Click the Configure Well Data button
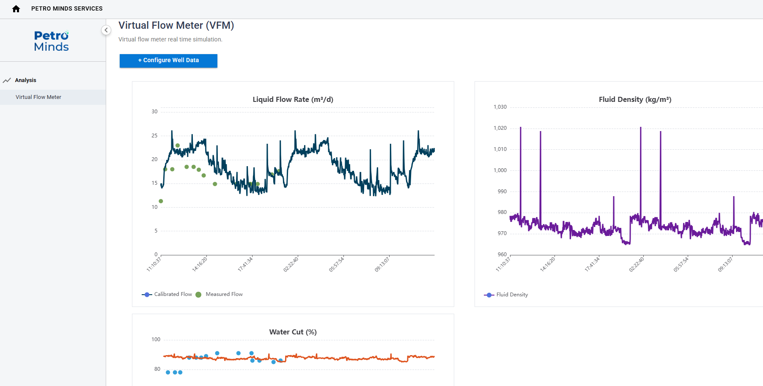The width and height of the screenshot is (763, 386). (168, 60)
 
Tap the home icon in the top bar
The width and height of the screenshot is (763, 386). (16, 8)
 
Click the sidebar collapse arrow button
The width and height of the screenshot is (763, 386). (106, 30)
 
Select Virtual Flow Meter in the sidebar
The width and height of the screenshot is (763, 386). (38, 97)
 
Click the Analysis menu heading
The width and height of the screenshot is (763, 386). (25, 80)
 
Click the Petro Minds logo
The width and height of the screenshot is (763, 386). (51, 41)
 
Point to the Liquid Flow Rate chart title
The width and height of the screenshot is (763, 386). (293, 99)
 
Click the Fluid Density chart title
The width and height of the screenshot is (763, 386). (635, 99)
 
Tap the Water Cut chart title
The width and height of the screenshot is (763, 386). (293, 332)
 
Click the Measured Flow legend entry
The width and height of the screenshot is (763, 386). (220, 294)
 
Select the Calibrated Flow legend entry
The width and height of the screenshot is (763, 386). (167, 294)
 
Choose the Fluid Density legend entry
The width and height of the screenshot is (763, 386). (506, 295)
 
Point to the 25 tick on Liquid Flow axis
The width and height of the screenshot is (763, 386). (154, 136)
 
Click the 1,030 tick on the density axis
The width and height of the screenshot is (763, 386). (500, 107)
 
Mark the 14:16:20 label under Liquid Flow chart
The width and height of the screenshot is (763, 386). (200, 264)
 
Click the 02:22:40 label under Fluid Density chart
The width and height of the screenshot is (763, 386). (636, 264)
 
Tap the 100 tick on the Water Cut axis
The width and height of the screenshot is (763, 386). (156, 339)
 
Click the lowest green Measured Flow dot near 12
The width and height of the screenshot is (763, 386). (161, 201)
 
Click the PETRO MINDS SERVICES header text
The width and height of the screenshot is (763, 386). (67, 8)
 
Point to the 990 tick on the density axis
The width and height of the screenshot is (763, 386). (502, 192)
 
